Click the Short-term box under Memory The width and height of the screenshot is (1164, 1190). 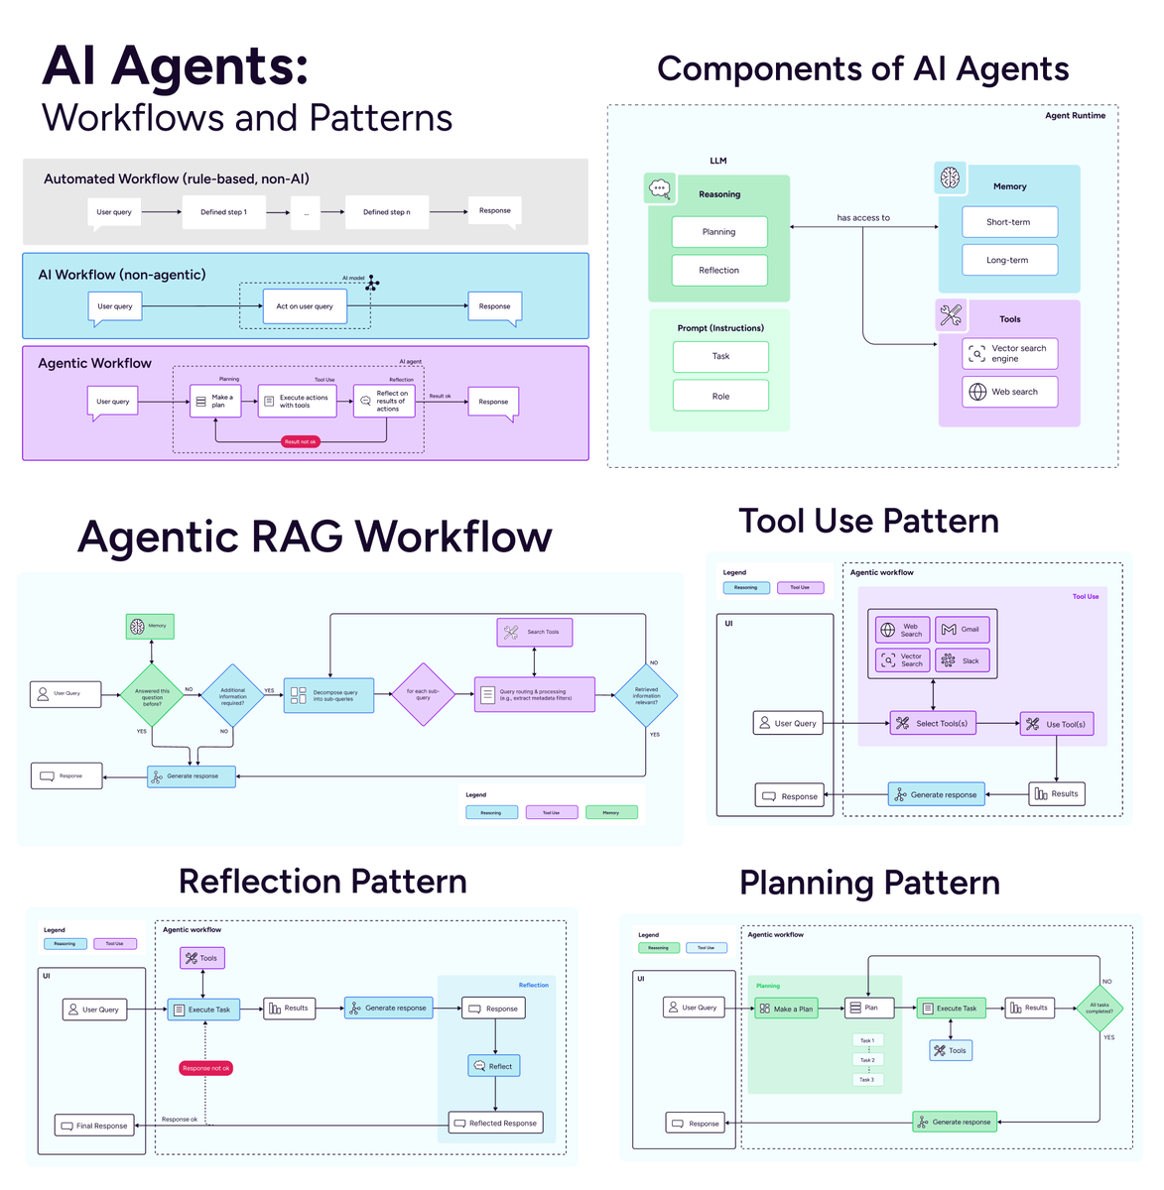pyautogui.click(x=1009, y=222)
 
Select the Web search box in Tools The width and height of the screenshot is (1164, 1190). pyautogui.click(x=1009, y=392)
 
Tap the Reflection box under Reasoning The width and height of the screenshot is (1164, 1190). pyautogui.click(x=719, y=271)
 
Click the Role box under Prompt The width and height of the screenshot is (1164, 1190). pyautogui.click(x=720, y=396)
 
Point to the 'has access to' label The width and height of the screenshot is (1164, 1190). pyautogui.click(x=863, y=218)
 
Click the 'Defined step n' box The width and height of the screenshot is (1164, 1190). pyautogui.click(x=386, y=212)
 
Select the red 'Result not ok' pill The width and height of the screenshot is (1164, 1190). pyautogui.click(x=300, y=442)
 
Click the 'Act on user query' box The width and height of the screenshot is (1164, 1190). pyautogui.click(x=305, y=306)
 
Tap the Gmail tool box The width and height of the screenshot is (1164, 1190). pyautogui.click(x=962, y=630)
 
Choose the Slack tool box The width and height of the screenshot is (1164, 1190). pyautogui.click(x=962, y=660)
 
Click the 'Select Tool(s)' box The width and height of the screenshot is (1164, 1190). pyautogui.click(x=933, y=724)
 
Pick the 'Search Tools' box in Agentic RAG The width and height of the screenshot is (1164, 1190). pyautogui.click(x=534, y=632)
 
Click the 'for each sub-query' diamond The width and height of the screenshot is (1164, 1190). pyautogui.click(x=424, y=694)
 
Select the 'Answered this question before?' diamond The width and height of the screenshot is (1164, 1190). pyautogui.click(x=152, y=695)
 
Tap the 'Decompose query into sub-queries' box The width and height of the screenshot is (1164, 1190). pyautogui.click(x=328, y=695)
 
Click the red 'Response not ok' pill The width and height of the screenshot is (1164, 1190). pyautogui.click(x=206, y=1068)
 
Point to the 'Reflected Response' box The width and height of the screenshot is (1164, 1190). pyautogui.click(x=495, y=1124)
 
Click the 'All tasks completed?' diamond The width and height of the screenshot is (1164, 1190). pyautogui.click(x=1099, y=1009)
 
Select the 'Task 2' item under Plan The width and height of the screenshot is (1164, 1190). pyautogui.click(x=867, y=1060)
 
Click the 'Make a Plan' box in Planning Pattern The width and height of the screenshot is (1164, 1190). pyautogui.click(x=785, y=1009)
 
